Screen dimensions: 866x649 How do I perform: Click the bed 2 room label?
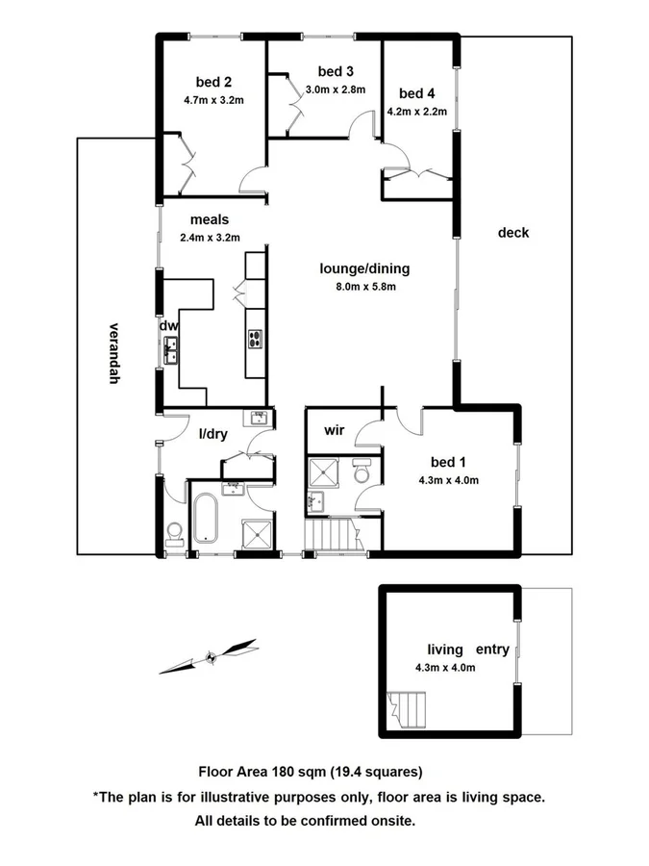coord(214,82)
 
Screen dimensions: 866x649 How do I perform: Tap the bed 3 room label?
coord(336,71)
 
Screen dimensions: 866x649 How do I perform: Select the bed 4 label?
coord(417,93)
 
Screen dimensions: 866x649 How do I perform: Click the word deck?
coord(513,233)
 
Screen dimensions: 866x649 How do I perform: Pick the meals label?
coord(209,219)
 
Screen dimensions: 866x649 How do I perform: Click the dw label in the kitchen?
coord(169,326)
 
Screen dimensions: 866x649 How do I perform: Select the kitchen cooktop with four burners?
coord(257,338)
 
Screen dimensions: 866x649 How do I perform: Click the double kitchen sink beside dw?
coord(171,349)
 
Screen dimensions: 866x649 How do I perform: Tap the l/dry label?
coord(212,434)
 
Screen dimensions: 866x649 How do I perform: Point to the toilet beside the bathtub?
coord(174,533)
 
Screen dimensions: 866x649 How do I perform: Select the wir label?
coord(335,429)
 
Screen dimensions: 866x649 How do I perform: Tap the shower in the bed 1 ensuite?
coord(324,472)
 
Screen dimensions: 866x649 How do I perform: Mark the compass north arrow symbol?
coord(210,657)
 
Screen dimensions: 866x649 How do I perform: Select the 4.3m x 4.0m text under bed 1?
coord(448,481)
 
